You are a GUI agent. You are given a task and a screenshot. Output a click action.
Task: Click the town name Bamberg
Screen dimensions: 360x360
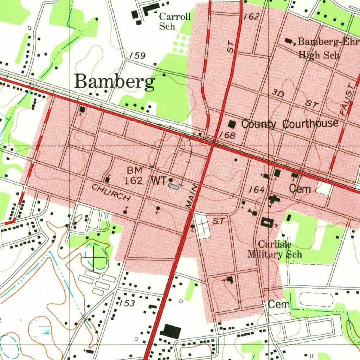115,82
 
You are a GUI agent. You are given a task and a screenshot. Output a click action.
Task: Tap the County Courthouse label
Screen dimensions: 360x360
290,124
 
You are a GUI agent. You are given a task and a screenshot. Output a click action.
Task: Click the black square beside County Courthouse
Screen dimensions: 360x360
232,124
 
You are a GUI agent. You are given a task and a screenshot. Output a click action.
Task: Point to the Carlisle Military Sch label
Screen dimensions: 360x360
275,249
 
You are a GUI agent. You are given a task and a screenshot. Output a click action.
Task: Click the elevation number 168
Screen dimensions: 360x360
227,135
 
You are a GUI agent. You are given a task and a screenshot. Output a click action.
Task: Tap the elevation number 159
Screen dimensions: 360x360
137,56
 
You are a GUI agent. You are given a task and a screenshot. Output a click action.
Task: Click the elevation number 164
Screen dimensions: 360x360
257,190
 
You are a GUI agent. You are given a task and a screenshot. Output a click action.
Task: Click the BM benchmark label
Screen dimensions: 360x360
135,171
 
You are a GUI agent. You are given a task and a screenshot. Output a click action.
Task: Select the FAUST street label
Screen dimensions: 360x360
347,100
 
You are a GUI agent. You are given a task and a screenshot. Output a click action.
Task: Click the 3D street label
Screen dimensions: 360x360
278,93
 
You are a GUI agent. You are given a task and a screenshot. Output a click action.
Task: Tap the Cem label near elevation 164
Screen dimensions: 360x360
300,189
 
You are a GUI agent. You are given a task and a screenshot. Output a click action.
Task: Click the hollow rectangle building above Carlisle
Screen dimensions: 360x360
266,223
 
